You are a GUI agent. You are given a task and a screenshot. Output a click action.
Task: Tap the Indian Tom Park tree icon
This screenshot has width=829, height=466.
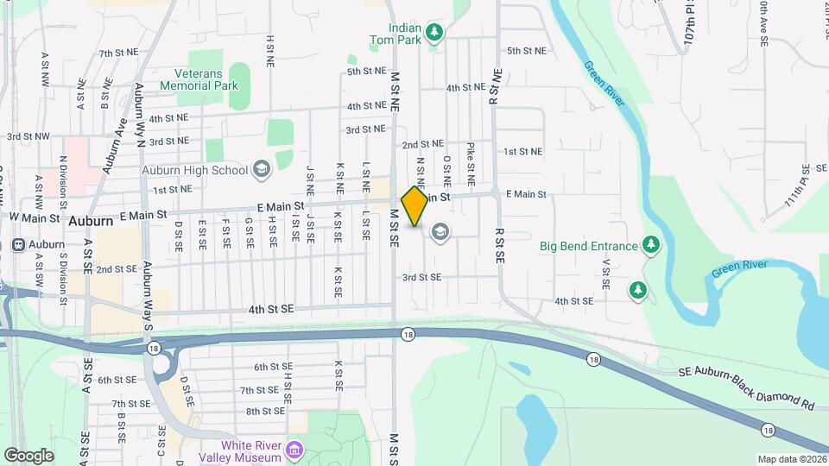click(436, 34)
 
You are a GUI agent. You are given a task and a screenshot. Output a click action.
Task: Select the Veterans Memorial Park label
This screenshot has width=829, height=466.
click(199, 80)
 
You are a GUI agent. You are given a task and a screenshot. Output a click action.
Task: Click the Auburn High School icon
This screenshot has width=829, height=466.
click(261, 170)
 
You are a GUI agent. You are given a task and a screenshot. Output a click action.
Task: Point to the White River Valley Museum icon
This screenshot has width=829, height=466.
click(295, 450)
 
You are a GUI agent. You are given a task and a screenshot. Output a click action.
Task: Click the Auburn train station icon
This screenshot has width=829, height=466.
click(16, 244)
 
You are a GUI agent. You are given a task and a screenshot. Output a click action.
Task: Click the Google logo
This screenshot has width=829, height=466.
click(28, 455)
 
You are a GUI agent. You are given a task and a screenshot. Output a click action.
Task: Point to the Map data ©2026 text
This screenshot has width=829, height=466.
click(791, 459)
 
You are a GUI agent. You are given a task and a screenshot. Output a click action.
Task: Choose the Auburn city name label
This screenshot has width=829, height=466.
click(91, 221)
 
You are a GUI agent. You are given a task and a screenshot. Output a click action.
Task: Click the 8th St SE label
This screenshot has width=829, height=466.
click(265, 412)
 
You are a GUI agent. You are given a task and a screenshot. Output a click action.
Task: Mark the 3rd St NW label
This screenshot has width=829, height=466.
click(25, 136)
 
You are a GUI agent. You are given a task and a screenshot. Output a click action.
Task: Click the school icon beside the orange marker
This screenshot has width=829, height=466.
click(440, 233)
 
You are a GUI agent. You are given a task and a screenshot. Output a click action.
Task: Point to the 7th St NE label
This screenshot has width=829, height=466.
click(118, 53)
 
